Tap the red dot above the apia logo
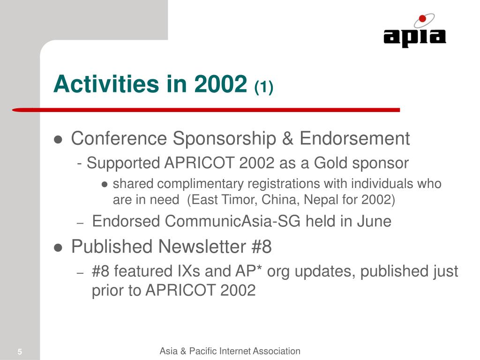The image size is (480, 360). (422, 19)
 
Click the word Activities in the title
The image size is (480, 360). (106, 84)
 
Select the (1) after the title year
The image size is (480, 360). (263, 87)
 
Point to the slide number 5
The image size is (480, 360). (20, 352)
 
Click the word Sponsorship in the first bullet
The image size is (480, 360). (225, 139)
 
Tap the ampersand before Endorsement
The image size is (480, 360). (288, 138)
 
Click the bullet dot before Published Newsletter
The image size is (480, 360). (58, 247)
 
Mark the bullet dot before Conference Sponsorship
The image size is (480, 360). (58, 140)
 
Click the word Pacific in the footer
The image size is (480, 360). (203, 351)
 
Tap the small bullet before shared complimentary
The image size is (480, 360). (105, 184)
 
